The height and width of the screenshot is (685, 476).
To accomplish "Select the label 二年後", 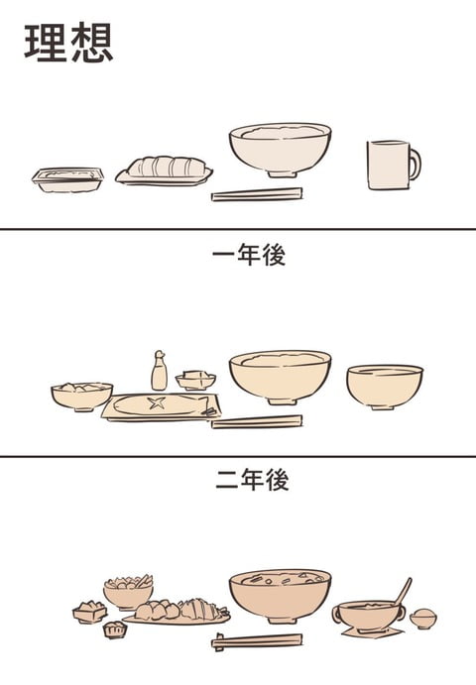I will [x=251, y=482].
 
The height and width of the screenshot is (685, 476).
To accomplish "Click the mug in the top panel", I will [x=389, y=165].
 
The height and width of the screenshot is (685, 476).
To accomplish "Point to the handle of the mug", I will [x=415, y=164].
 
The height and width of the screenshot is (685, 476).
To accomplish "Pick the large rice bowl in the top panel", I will [x=280, y=150].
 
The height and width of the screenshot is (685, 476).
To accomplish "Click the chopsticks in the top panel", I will [x=257, y=194].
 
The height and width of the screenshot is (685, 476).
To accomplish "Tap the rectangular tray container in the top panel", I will [x=67, y=178].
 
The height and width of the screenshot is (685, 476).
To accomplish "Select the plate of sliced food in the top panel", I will [x=165, y=171].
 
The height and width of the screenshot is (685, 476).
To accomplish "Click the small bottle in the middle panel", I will [x=159, y=373].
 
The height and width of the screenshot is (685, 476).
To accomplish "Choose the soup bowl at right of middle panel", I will [x=384, y=386].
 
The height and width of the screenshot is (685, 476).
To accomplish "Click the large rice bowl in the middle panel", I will [x=280, y=377].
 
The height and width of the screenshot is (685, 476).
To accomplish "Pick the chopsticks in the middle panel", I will [x=257, y=422].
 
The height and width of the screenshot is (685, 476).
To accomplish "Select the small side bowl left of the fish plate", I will [x=81, y=397].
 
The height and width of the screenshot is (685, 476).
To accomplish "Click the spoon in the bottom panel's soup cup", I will [x=401, y=592].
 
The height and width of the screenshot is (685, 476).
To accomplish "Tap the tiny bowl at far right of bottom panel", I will [x=423, y=619].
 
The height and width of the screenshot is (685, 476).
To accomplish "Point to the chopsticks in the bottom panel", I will [x=257, y=641].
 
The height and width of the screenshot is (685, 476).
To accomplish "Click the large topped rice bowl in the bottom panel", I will [x=280, y=595].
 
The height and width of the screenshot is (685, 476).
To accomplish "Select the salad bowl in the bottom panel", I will [x=128, y=592].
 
